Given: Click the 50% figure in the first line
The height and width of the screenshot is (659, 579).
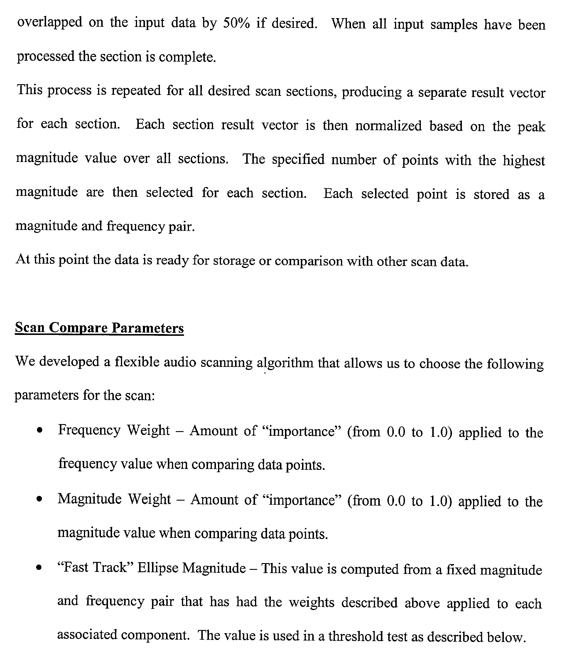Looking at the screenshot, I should coord(236,23).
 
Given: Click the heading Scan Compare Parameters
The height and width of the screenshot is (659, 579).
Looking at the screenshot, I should coord(99,328).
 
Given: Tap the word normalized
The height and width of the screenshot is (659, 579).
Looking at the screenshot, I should coord(388,126).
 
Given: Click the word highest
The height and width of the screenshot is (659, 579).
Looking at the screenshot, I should coord(524,160).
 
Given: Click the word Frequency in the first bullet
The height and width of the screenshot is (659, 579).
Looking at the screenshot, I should coord(89,430).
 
